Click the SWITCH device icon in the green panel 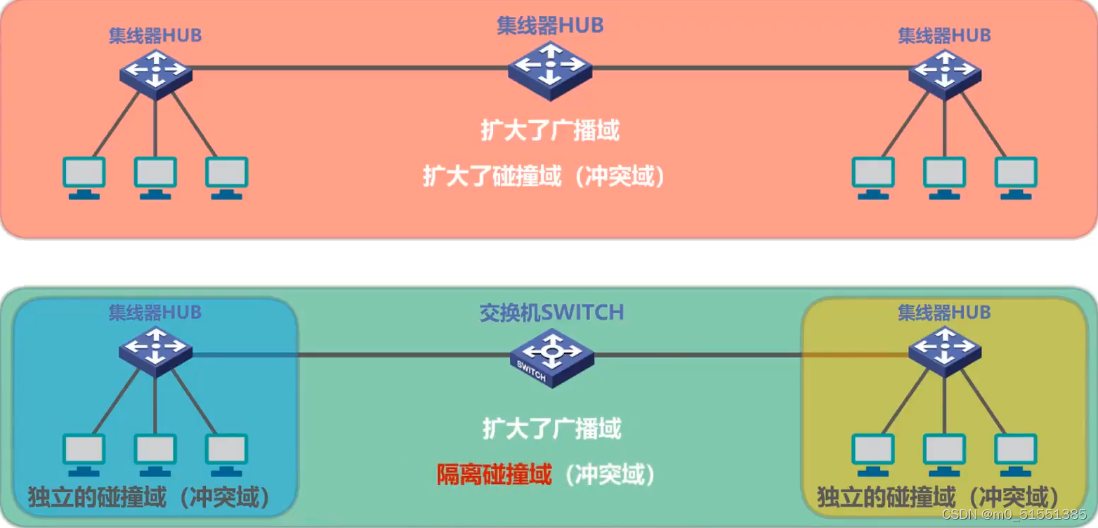[551, 357]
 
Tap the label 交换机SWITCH [551, 312]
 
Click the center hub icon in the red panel [550, 70]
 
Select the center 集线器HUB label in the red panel [550, 26]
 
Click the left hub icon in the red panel [155, 71]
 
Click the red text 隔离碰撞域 [493, 475]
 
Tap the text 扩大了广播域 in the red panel [550, 131]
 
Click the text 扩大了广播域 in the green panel [551, 428]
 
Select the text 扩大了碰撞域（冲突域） [544, 176]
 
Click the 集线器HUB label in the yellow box [944, 312]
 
